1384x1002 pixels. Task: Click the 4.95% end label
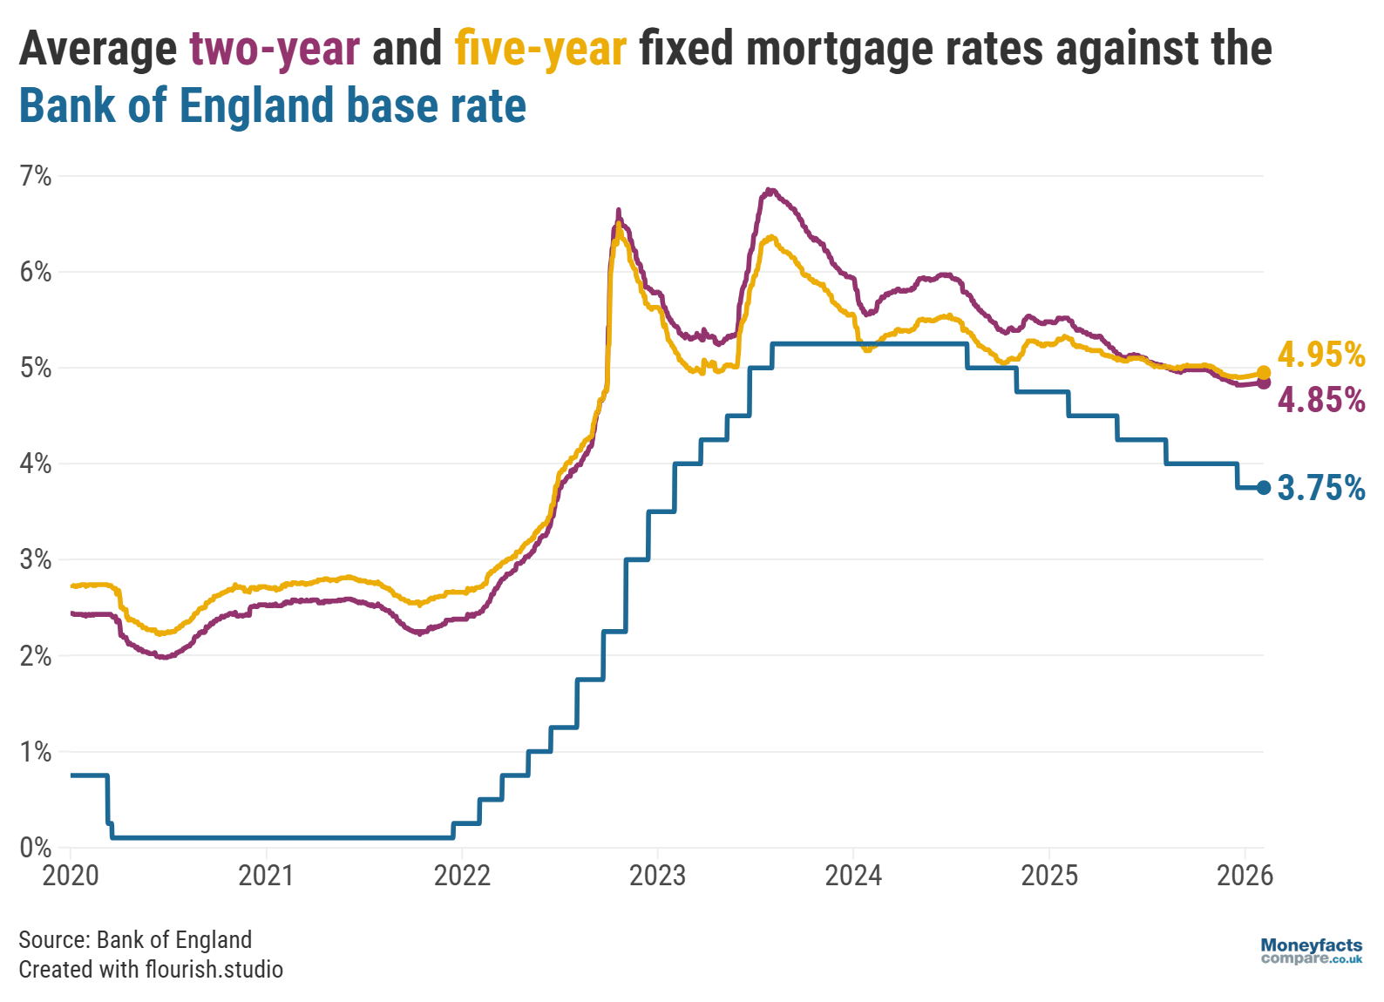coord(1320,355)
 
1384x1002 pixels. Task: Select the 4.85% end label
coord(1320,400)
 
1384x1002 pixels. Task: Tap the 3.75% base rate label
coord(1320,488)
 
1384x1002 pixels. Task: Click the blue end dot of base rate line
coord(1264,488)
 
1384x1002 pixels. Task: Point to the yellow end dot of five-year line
coord(1264,373)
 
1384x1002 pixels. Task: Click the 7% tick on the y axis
coord(36,177)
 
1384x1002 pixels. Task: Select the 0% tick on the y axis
coord(36,847)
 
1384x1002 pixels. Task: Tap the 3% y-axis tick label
coord(36,559)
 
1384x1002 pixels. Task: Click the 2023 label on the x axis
coord(657,875)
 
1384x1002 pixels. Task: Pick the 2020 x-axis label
coord(71,875)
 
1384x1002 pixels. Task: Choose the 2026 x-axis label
coord(1245,875)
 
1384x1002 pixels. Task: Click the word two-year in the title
coord(275,49)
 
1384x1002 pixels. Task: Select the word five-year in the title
coord(540,49)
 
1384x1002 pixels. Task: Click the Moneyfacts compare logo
coord(1311,951)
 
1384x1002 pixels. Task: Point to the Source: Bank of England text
coord(135,939)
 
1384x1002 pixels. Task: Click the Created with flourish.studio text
coord(151,969)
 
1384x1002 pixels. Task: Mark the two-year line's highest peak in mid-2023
coord(769,189)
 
